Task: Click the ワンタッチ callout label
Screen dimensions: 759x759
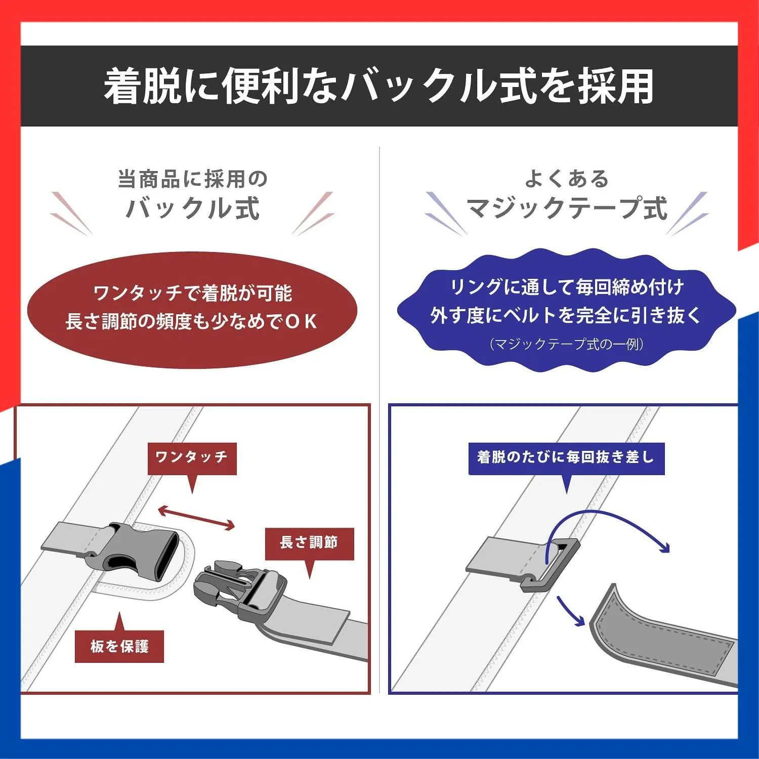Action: tap(192, 458)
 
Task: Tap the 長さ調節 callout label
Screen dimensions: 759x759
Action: tap(309, 544)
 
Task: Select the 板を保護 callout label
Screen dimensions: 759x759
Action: tap(119, 646)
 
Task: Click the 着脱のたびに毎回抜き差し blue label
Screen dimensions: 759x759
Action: tap(566, 458)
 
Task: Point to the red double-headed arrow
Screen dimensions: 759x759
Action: tap(197, 518)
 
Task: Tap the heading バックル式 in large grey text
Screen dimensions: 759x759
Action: tap(193, 208)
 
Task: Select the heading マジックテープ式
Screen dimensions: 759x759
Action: tap(567, 208)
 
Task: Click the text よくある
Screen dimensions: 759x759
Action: tap(567, 179)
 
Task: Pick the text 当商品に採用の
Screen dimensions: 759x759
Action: tap(193, 179)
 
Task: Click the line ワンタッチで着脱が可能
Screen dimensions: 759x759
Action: tap(193, 293)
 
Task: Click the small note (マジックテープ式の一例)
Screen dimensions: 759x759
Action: tap(567, 345)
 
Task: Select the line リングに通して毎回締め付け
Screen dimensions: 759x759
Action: tap(567, 287)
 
